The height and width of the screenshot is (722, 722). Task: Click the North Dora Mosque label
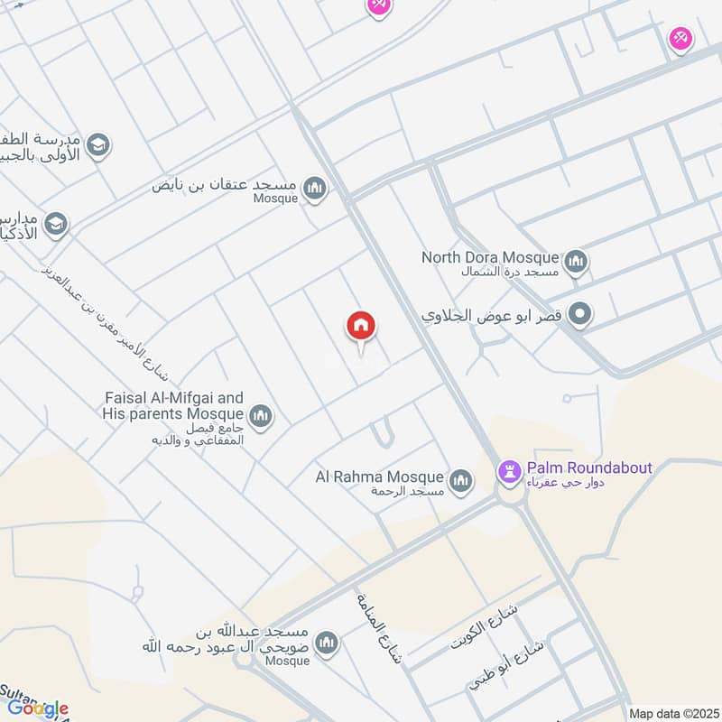point(490,258)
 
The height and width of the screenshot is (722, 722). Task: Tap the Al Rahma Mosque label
point(379,477)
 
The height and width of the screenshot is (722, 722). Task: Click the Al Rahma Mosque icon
point(461,482)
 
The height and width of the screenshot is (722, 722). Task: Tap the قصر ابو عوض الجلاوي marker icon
point(582,316)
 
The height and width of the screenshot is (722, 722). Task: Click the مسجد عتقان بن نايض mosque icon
point(315,189)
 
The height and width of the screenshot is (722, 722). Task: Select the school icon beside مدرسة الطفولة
point(98,144)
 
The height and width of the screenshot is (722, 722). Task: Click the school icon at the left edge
point(56,224)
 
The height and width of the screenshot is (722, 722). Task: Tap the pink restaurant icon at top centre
point(377,5)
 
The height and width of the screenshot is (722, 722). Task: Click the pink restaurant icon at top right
point(680,39)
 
